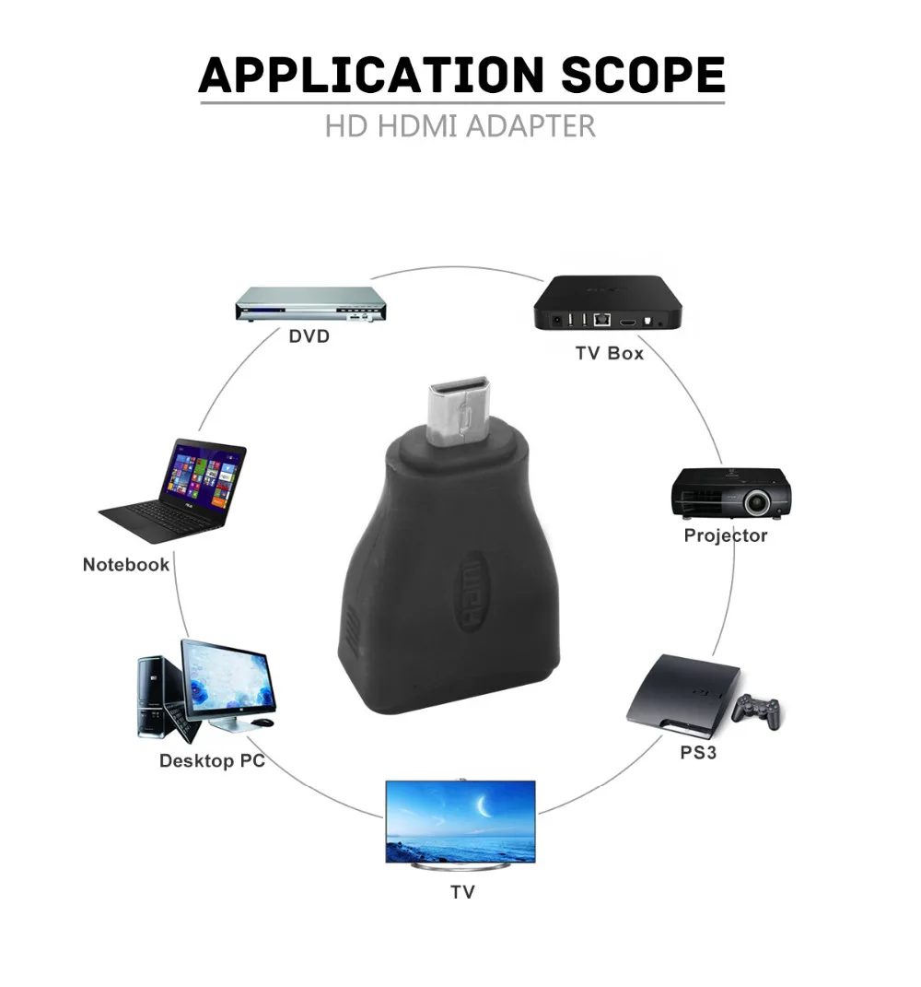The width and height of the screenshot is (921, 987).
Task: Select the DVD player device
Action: pos(308,303)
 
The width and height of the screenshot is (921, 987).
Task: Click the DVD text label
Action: pos(309,336)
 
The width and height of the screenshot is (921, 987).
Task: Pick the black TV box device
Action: pos(609,304)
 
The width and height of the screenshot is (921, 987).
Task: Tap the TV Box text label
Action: pos(609,353)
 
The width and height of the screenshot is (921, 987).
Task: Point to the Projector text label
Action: pos(725,535)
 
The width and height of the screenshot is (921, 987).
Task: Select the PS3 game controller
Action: pos(756,710)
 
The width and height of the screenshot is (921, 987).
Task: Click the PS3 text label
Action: pos(698,753)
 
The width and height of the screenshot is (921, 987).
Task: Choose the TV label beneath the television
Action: pos(462,892)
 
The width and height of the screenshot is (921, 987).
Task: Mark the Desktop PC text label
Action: pos(212,761)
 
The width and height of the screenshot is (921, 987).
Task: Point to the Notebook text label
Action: pos(126,565)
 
